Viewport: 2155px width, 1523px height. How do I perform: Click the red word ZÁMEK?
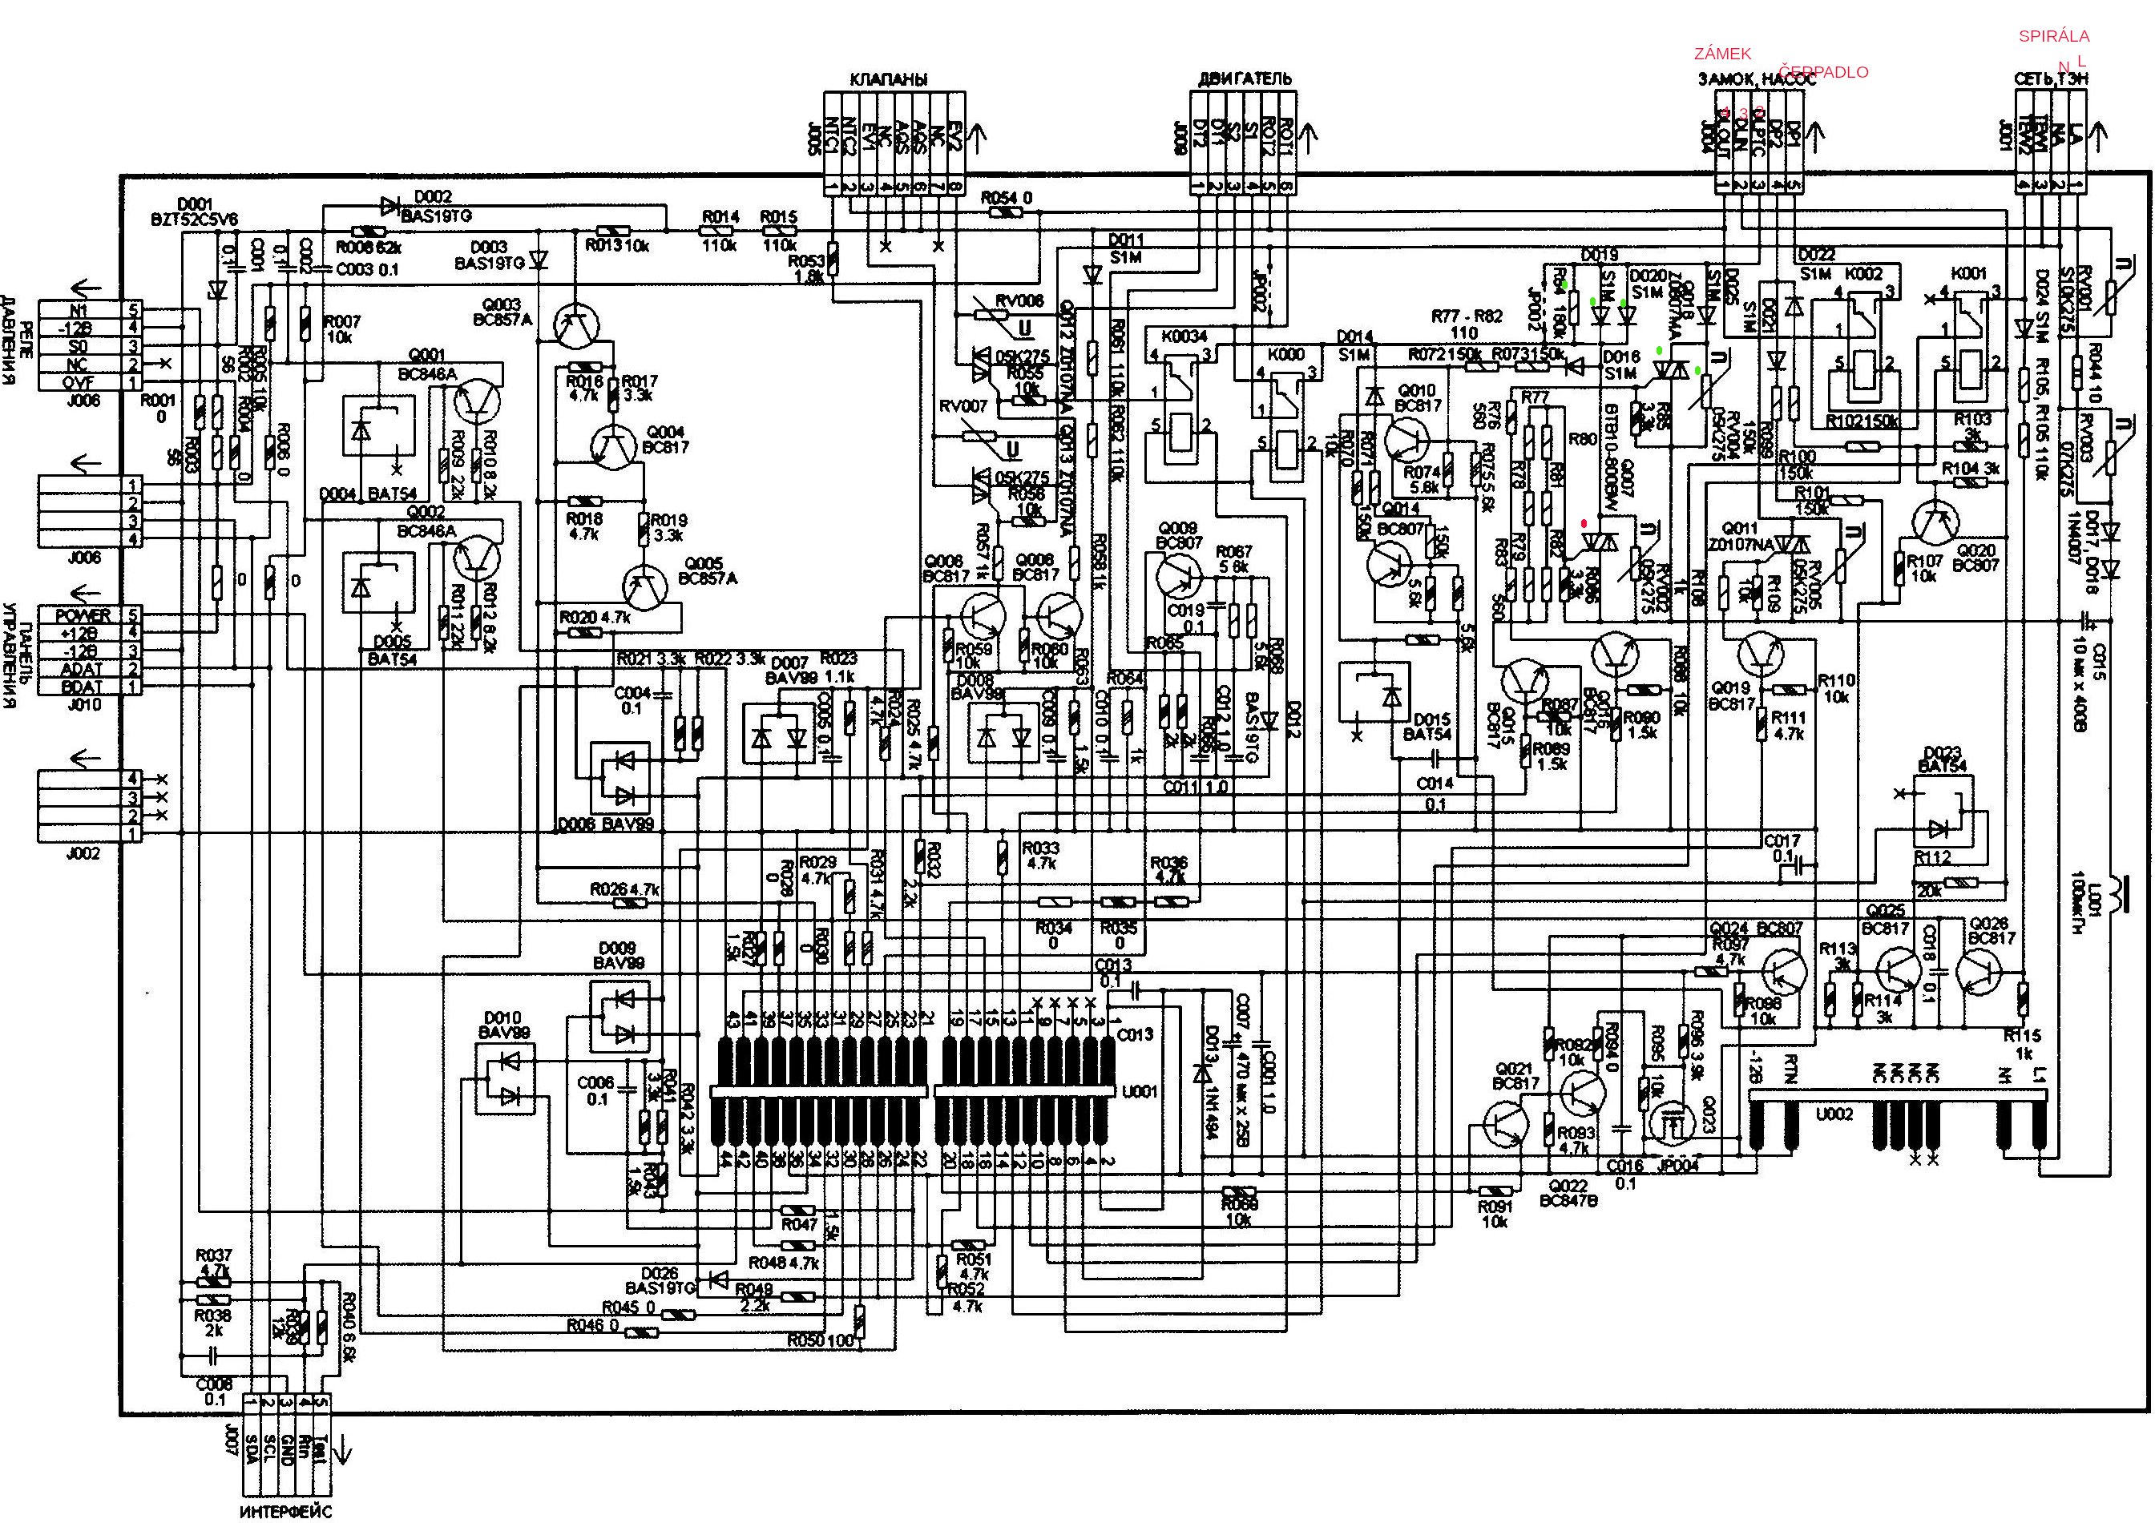point(1722,54)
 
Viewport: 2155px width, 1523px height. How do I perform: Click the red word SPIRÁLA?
point(2054,37)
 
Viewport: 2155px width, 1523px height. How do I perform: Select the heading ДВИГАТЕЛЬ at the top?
point(1245,79)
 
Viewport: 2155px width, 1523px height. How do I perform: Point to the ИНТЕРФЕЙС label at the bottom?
point(285,1511)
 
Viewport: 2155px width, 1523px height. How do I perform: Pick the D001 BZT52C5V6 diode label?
point(194,212)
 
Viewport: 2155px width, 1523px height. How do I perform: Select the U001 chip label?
point(1140,1091)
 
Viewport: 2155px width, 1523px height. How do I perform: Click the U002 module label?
point(1834,1114)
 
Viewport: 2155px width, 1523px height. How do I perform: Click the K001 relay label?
point(1968,273)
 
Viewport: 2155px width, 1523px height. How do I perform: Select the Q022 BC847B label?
point(1568,1193)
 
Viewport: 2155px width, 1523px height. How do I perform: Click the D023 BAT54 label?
point(1942,759)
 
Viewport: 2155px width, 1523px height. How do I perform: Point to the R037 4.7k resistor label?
point(214,1262)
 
